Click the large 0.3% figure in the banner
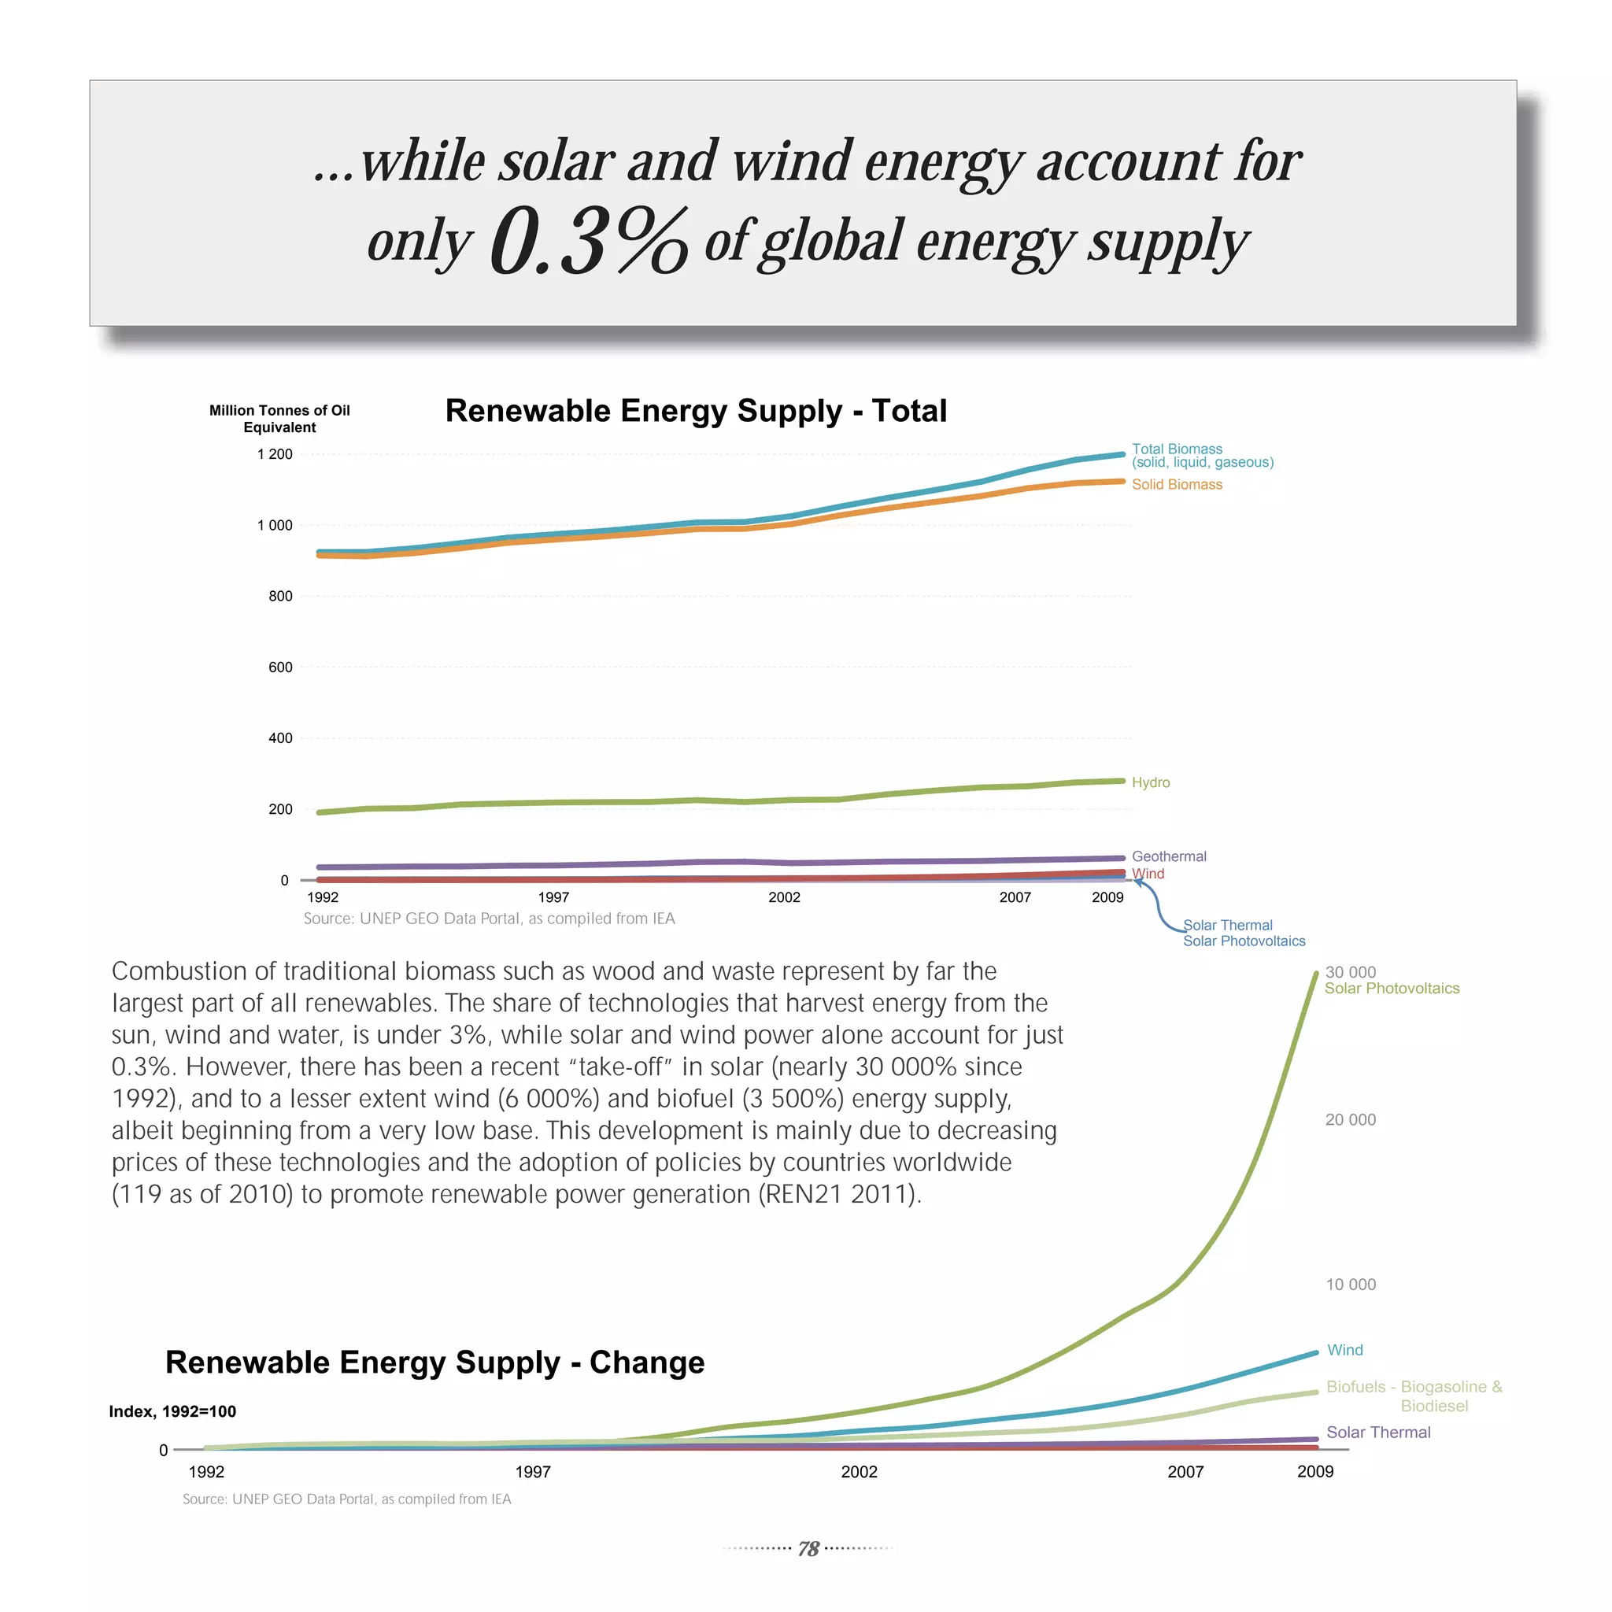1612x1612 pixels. pos(588,242)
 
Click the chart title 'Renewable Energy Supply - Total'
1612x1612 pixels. pos(696,411)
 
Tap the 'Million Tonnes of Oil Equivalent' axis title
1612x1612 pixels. pos(279,419)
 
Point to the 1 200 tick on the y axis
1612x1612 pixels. pos(275,455)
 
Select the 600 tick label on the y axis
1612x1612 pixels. pos(280,667)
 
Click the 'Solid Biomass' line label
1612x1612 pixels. pos(1177,485)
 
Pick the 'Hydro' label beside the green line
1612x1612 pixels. pos(1151,782)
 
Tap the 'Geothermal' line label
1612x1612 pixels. pos(1168,857)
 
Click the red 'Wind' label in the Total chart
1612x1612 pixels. pos(1148,874)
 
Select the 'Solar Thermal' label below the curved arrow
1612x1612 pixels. pos(1227,926)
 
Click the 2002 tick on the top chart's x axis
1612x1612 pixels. pos(784,898)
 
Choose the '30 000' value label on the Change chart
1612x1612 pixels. pos(1350,972)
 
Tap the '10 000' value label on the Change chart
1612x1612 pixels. pos(1351,1284)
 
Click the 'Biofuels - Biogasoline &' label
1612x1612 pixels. pos(1414,1387)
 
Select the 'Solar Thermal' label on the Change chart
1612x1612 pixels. pos(1378,1433)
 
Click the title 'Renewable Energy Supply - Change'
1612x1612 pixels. pos(434,1362)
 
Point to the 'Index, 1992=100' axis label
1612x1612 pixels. pos(172,1412)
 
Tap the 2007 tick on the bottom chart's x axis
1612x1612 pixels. pos(1185,1472)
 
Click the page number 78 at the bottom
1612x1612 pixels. pos(808,1549)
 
